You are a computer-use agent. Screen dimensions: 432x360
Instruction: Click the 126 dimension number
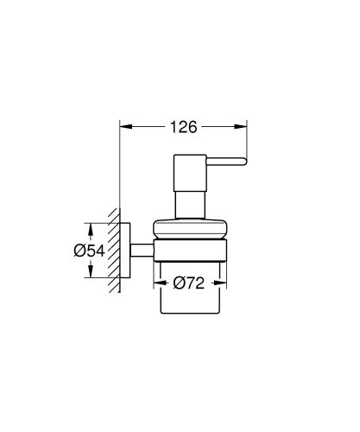pyautogui.click(x=182, y=127)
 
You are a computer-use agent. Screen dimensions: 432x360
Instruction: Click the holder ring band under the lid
pyautogui.click(x=191, y=250)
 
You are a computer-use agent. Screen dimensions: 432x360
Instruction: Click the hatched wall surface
pyautogui.click(x=113, y=251)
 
